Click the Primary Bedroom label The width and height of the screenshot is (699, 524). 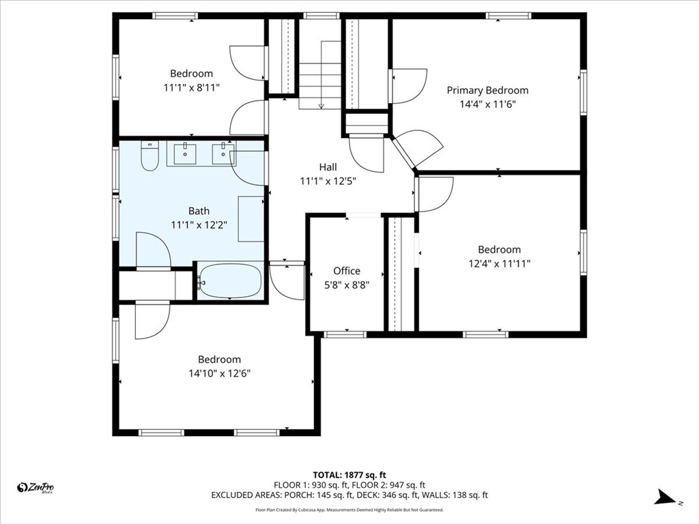487,90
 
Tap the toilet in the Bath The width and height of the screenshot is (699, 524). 149,157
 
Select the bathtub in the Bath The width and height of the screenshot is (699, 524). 231,281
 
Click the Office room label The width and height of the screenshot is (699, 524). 347,271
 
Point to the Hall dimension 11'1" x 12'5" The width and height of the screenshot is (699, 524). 328,181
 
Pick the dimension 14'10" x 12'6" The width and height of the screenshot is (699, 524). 219,373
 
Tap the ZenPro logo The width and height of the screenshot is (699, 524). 35,487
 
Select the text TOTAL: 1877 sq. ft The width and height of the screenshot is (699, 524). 349,474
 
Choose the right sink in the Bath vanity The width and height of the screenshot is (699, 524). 223,154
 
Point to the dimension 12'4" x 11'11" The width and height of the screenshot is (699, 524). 499,263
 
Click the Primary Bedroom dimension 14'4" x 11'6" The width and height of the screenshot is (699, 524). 487,104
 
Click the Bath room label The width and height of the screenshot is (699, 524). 199,211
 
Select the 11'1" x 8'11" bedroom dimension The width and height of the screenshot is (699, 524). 191,87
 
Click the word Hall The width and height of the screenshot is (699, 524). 328,166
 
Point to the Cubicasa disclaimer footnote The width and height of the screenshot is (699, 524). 349,510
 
